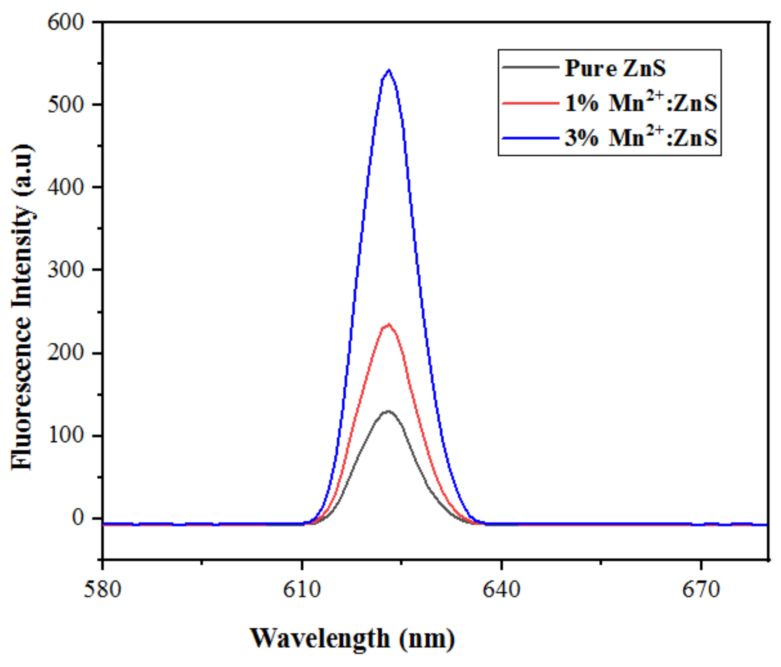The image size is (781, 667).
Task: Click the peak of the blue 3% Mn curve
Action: click(388, 70)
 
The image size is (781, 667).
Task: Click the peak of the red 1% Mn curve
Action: click(388, 324)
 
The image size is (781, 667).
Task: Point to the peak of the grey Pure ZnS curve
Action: click(388, 411)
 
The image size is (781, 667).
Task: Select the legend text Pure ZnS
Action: click(615, 68)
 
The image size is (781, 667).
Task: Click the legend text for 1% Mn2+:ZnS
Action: click(641, 102)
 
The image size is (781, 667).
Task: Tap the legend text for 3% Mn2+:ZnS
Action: click(641, 137)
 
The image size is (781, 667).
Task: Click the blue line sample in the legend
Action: click(531, 138)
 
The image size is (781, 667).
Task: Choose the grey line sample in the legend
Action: click(531, 68)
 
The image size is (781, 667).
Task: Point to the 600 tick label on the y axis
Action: click(65, 23)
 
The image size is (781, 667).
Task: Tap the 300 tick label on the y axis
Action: click(65, 270)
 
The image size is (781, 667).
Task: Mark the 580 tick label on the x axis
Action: click(102, 589)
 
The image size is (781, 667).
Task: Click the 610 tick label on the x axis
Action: click(302, 589)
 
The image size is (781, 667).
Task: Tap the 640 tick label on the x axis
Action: click(501, 589)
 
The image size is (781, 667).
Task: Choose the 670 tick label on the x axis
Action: click(701, 589)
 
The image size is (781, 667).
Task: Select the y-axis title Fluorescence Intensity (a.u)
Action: click(23, 307)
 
